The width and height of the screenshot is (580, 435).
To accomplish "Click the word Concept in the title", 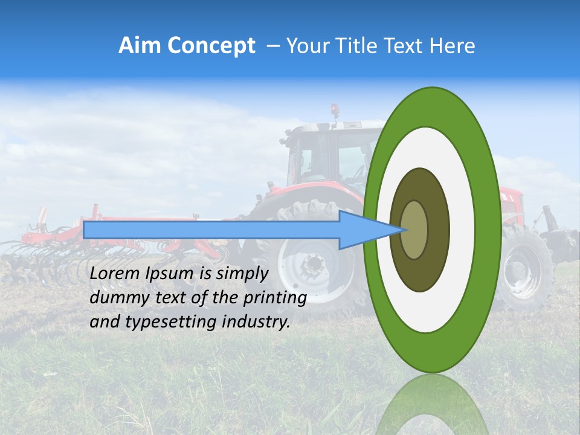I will click(212, 47).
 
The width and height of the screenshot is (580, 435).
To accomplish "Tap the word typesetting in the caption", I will click(163, 322).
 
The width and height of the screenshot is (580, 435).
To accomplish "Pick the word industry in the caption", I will click(257, 321).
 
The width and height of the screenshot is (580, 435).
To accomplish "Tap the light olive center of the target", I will click(414, 230).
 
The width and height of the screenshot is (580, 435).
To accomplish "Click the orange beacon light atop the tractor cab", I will click(334, 109).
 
